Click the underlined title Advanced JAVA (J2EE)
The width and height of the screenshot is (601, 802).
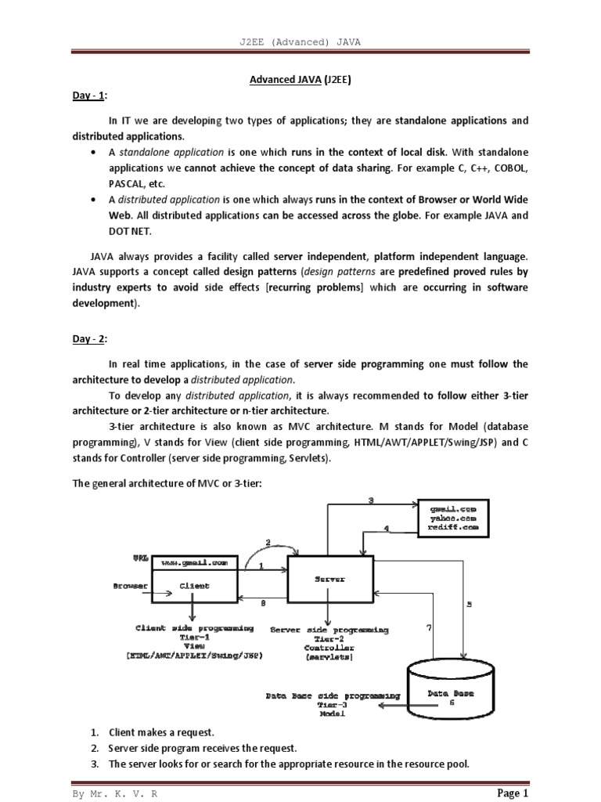[300, 78]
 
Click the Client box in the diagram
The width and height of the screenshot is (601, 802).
[194, 585]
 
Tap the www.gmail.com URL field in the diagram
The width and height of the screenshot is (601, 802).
[194, 562]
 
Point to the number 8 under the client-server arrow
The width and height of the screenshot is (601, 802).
[262, 603]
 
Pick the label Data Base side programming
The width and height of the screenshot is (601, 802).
[334, 695]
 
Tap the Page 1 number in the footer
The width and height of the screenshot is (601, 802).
[513, 793]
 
